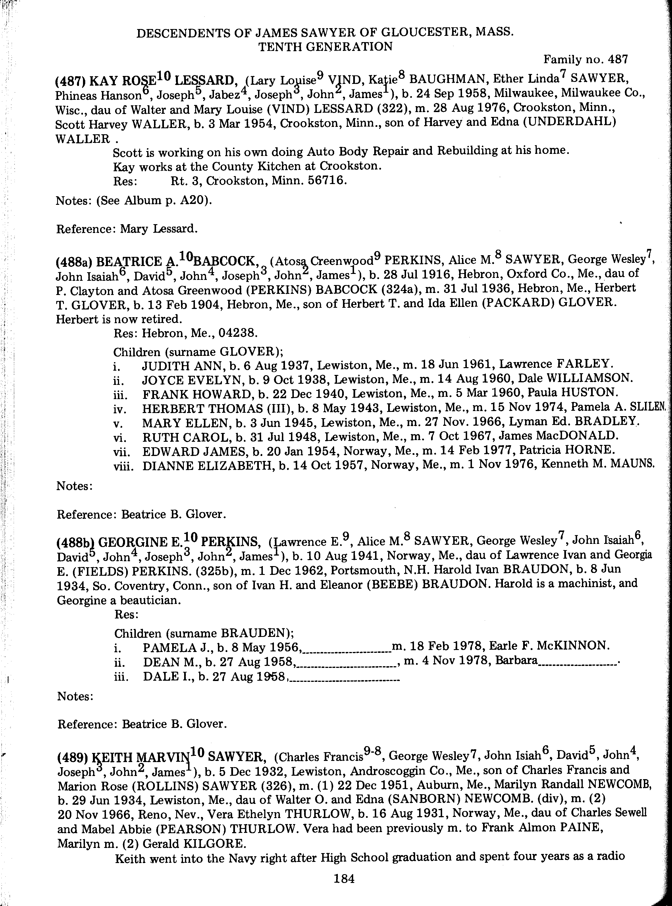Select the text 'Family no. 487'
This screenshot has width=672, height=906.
[x=586, y=59]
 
